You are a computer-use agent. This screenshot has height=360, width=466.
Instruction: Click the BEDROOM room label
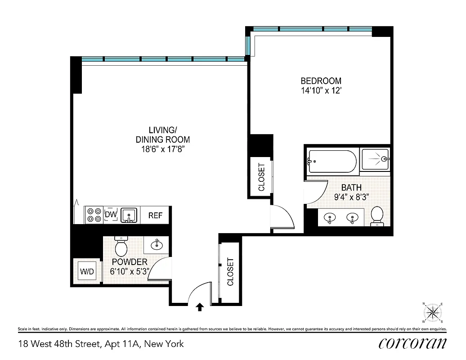pyautogui.click(x=321, y=81)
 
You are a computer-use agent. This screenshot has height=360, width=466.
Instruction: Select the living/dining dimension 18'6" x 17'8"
pyautogui.click(x=162, y=149)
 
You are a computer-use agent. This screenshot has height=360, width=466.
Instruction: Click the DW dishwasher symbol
pyautogui.click(x=111, y=215)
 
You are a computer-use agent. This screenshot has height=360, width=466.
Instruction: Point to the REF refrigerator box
pyautogui.click(x=155, y=216)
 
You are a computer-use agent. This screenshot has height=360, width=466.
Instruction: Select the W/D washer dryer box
pyautogui.click(x=87, y=271)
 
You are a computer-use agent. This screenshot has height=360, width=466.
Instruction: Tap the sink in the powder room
pyautogui.click(x=156, y=245)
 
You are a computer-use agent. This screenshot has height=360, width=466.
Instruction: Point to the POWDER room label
pyautogui.click(x=130, y=262)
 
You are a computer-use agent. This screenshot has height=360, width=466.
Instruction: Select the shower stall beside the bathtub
pyautogui.click(x=376, y=160)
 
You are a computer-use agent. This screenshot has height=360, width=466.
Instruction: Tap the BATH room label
pyautogui.click(x=351, y=187)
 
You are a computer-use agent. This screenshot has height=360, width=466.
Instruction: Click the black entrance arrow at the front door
pyautogui.click(x=200, y=307)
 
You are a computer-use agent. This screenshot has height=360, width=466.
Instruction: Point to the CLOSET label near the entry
pyautogui.click(x=230, y=272)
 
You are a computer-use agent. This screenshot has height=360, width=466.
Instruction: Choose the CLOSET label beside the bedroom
pyautogui.click(x=261, y=177)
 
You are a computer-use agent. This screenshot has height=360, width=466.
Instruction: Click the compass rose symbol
pyautogui.click(x=433, y=312)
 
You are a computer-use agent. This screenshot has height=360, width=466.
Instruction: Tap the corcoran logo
pyautogui.click(x=412, y=343)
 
